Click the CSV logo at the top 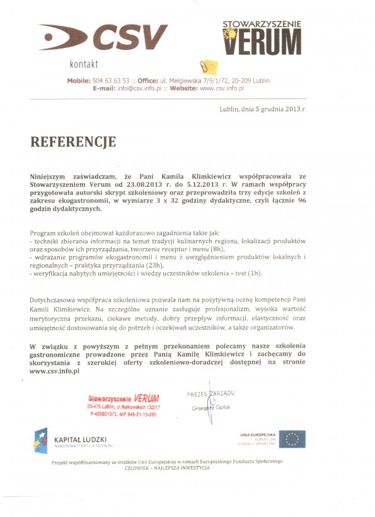pos(105,37)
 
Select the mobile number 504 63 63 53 pos(112,81)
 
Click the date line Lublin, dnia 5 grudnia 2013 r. pos(262,109)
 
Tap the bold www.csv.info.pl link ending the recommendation pos(54,371)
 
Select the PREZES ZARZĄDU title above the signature pos(211,394)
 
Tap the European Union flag pos(292,439)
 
